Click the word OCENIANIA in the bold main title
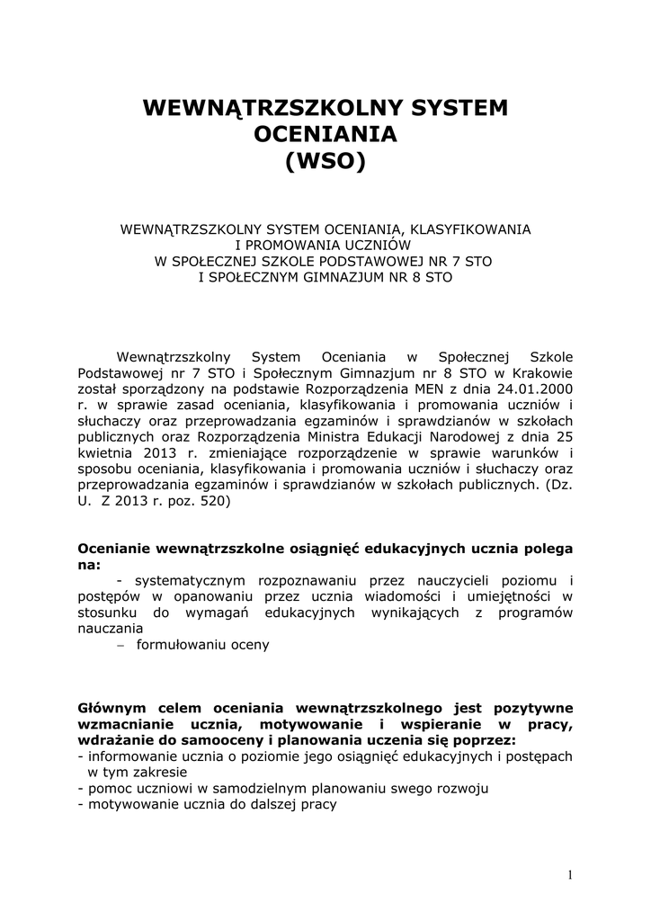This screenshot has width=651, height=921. (325, 136)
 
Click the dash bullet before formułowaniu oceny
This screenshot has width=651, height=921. (120, 645)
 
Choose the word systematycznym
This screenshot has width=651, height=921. (184, 580)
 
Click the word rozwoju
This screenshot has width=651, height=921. (462, 789)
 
